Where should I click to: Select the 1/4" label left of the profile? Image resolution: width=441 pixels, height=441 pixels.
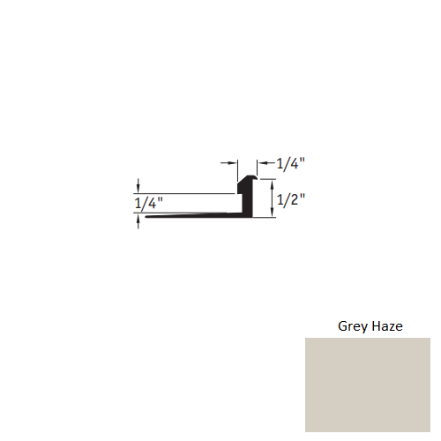tap(149, 204)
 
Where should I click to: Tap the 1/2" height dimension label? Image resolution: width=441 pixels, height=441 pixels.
tap(290, 199)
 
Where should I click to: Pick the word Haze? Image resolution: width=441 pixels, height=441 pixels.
tap(387, 326)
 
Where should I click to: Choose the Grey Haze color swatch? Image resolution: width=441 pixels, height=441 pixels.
tap(367, 384)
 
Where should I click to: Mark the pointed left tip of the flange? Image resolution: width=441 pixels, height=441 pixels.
tap(146, 218)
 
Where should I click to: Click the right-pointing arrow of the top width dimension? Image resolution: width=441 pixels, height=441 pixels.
tap(234, 163)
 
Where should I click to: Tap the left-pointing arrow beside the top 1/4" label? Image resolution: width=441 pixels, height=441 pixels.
tap(263, 163)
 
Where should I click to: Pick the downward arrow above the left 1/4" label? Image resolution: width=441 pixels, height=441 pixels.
tap(138, 188)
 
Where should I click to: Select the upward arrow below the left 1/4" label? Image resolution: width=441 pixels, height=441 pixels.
tap(138, 222)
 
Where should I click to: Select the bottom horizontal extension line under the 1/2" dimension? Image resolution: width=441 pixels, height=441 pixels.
tap(265, 218)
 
